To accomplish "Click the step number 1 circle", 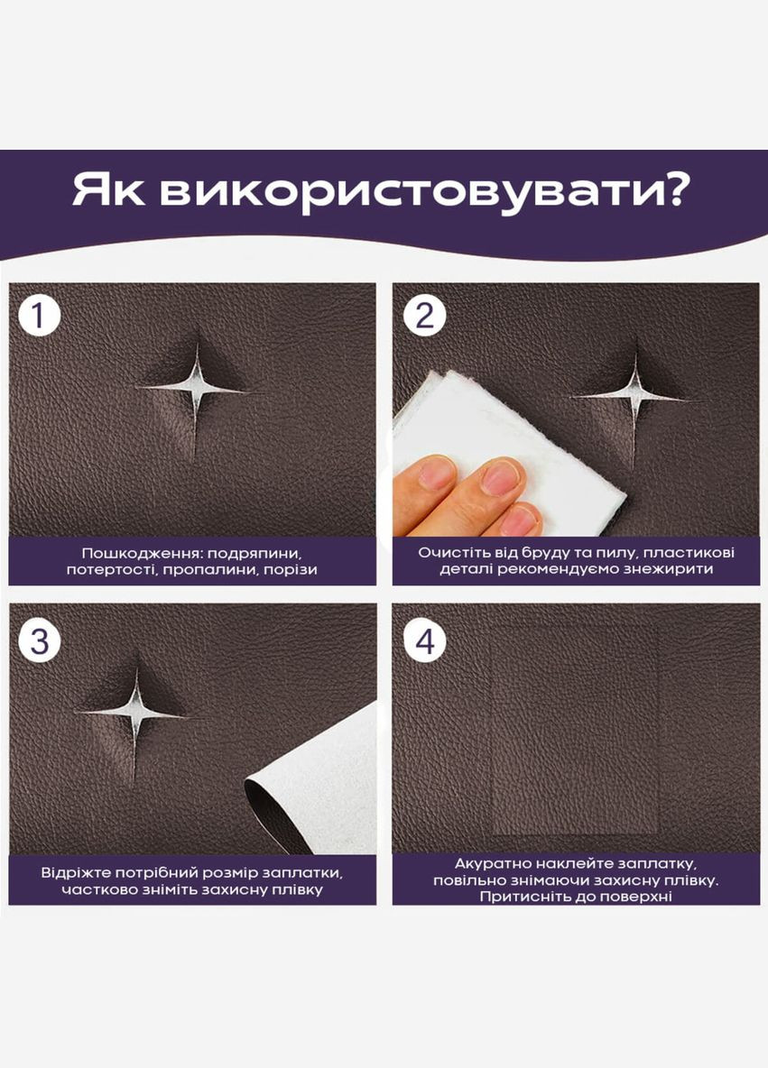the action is point(40,315).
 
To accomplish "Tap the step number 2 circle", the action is point(424,315).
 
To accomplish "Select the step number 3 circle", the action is point(40,641).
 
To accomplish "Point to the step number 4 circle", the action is point(424,641).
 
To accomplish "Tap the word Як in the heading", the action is point(108,190).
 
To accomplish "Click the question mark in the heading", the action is point(675,189).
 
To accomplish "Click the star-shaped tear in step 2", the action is point(634,396).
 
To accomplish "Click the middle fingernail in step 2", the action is point(500,477).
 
